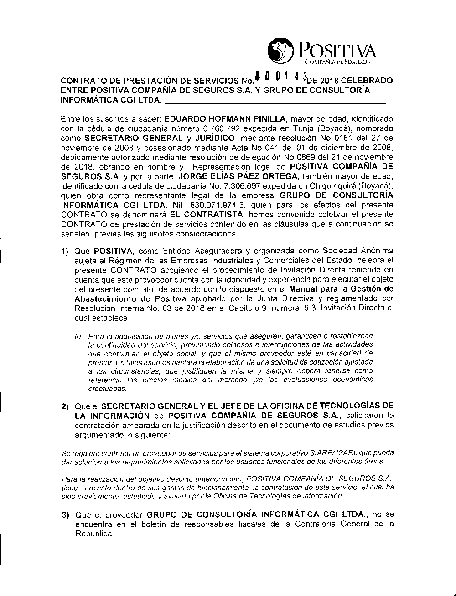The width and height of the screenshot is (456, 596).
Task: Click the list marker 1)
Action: [65, 251]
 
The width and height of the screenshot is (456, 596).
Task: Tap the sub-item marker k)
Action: [78, 336]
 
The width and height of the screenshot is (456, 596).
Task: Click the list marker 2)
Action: [65, 406]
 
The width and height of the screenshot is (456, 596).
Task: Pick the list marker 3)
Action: [65, 515]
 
